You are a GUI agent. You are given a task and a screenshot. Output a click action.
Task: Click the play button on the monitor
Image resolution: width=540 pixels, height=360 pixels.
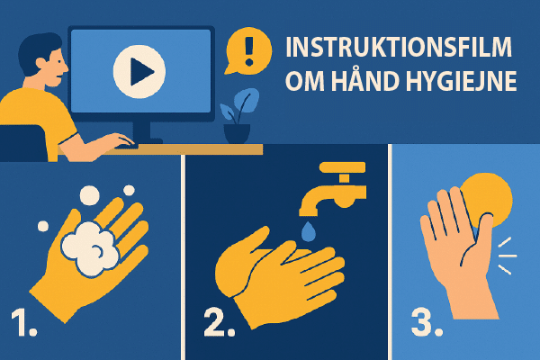point(139,69)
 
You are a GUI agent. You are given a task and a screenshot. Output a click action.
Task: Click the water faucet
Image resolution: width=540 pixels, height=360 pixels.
point(335,184)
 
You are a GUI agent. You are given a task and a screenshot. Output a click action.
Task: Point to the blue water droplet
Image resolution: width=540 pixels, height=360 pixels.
point(309,232)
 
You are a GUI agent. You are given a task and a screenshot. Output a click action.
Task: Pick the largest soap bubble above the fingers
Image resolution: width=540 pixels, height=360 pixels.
point(91,194)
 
